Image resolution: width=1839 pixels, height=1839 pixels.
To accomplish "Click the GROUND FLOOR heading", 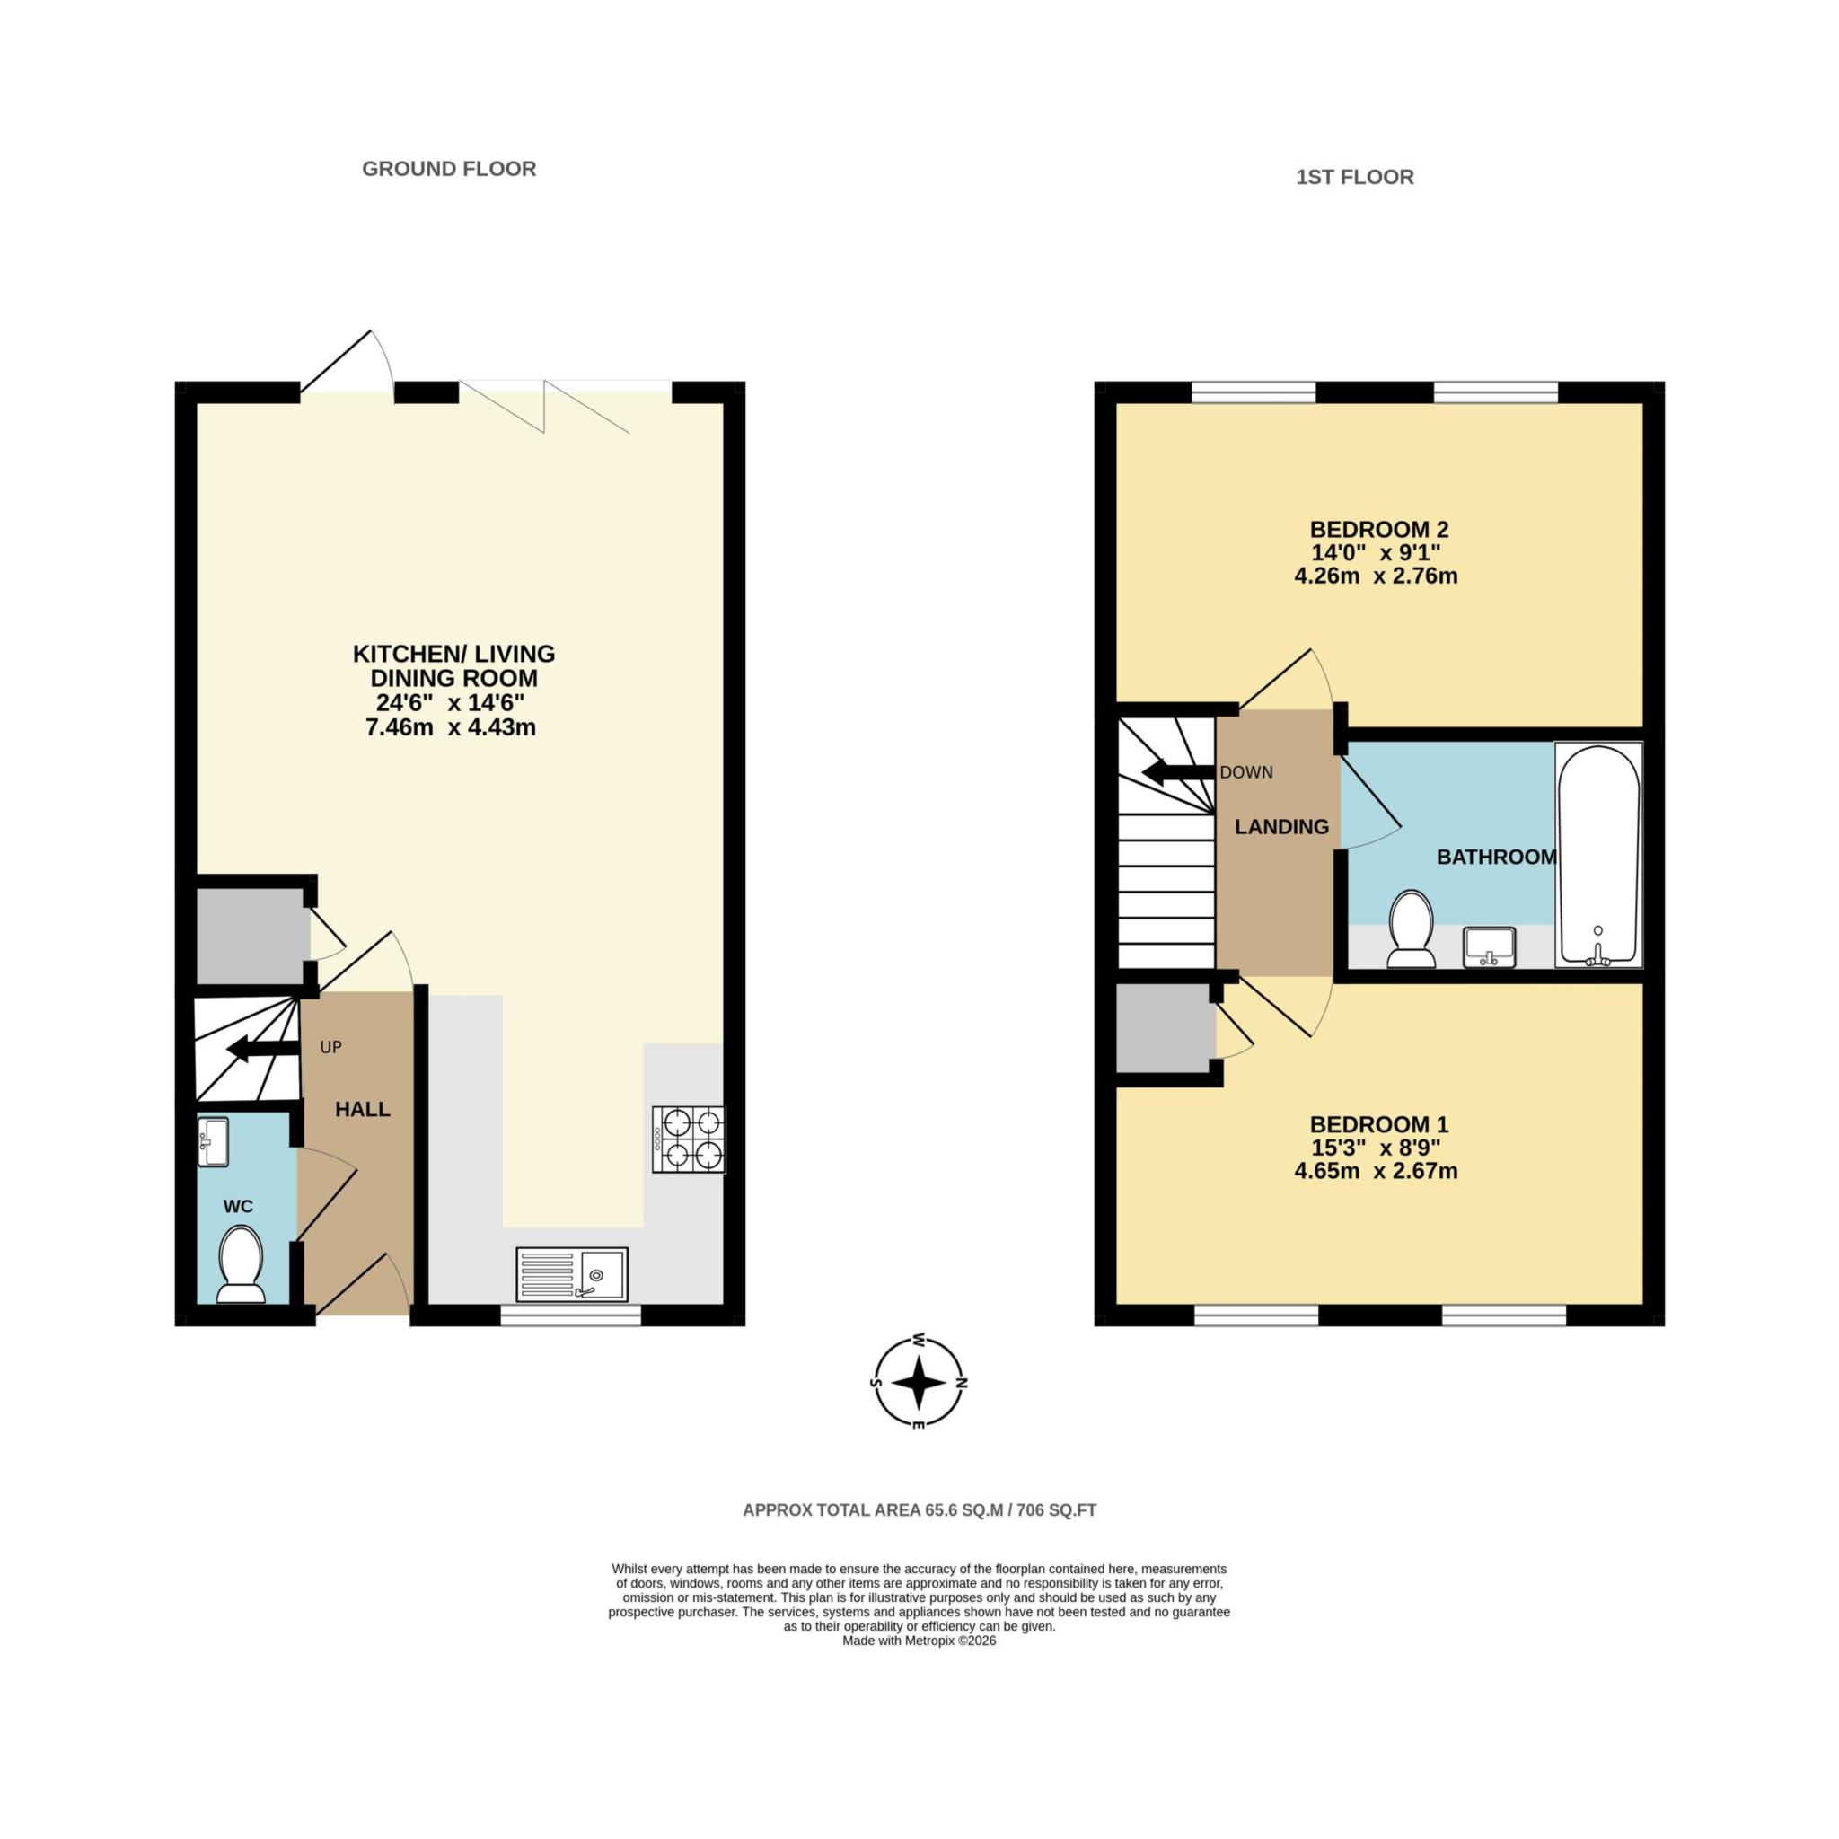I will (x=448, y=169).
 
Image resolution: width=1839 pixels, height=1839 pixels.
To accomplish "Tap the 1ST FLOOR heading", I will (x=1353, y=177).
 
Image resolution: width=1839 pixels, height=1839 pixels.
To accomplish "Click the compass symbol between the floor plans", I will (x=919, y=1382).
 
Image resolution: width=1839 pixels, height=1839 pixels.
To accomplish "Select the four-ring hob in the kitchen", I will (x=688, y=1139).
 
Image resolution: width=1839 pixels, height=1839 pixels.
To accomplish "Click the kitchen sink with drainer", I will (x=571, y=1273).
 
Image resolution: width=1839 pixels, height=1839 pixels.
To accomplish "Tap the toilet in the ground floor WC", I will (x=241, y=1264).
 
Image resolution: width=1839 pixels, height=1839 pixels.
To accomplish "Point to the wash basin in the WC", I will (x=213, y=1141).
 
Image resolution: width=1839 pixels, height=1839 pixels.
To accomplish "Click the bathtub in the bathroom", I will (x=1598, y=854).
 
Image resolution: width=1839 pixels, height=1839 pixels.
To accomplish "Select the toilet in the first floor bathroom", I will (x=1412, y=929).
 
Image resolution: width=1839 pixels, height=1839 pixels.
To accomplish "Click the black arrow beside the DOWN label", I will (x=1178, y=772).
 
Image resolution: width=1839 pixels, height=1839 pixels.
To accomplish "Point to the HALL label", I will (x=363, y=1110).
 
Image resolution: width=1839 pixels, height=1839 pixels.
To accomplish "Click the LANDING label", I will (x=1281, y=827).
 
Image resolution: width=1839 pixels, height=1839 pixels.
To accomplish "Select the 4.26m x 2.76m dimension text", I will (x=1376, y=576).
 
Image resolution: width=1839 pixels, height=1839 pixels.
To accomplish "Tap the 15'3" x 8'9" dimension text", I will (x=1376, y=1147).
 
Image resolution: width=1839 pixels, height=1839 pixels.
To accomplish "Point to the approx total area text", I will (x=919, y=1509).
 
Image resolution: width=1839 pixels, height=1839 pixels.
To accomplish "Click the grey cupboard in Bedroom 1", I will (x=1164, y=1028).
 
